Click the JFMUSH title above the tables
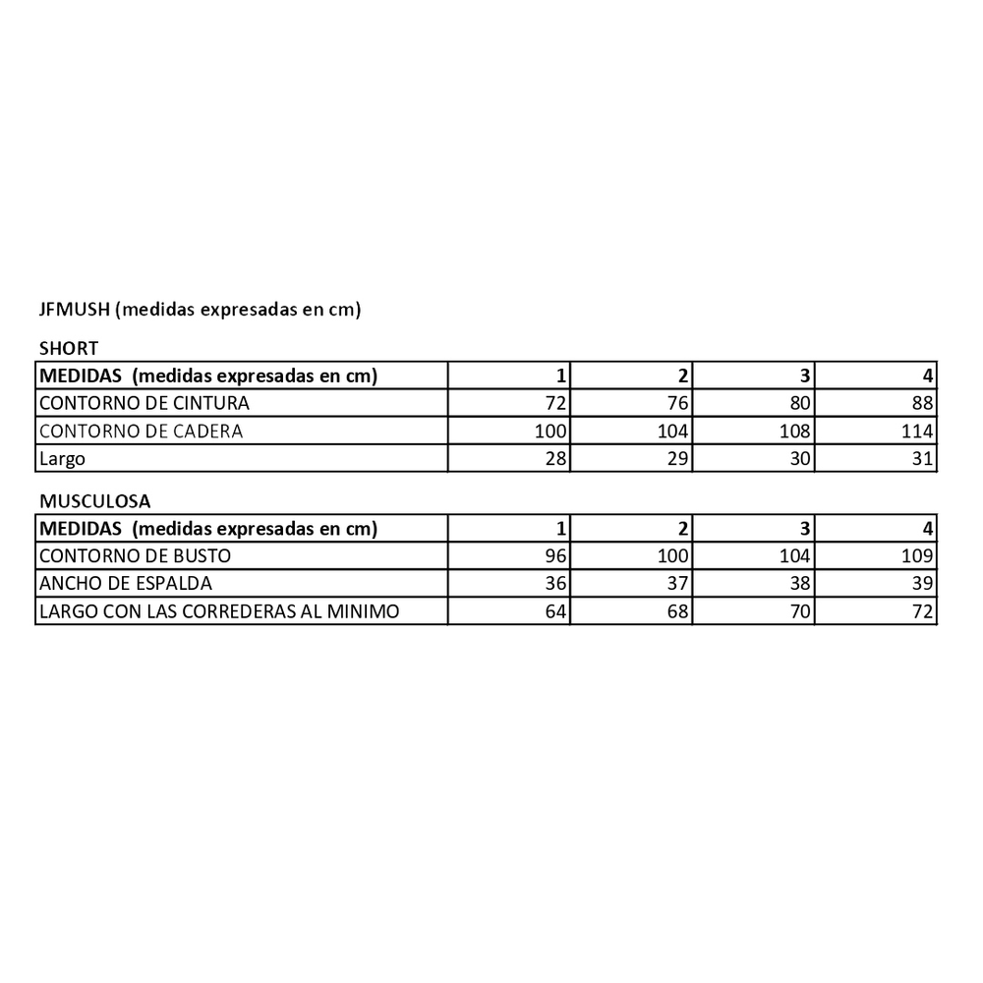tap(201, 311)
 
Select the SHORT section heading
tap(68, 348)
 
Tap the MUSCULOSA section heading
tap(94, 501)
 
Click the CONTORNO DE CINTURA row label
tap(144, 403)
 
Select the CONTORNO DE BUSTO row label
tap(135, 556)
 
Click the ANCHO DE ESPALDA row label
tap(125, 584)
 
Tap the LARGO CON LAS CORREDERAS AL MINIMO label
tap(218, 611)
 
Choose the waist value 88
tap(923, 403)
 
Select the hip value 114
tap(918, 431)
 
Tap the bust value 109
tap(918, 556)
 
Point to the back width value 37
tap(678, 584)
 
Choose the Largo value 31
tap(923, 458)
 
